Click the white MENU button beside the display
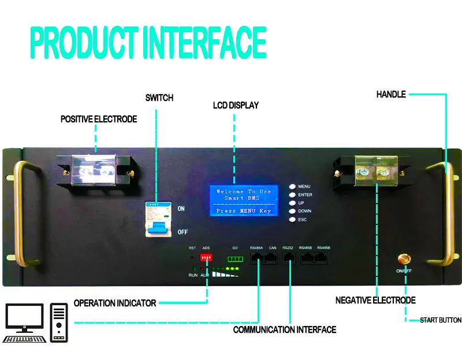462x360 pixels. tap(292, 187)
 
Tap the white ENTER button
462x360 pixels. tap(292, 195)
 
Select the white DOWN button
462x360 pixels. tap(292, 211)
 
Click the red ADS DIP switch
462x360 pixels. tap(206, 257)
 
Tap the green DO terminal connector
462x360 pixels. tap(236, 258)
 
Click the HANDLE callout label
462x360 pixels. tap(391, 94)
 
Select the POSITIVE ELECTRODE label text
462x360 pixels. tap(99, 119)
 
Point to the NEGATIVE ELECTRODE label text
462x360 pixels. tap(375, 301)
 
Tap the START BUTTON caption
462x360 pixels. tap(440, 320)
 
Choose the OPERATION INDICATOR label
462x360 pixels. tap(115, 303)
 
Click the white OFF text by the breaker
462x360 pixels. tap(182, 232)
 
